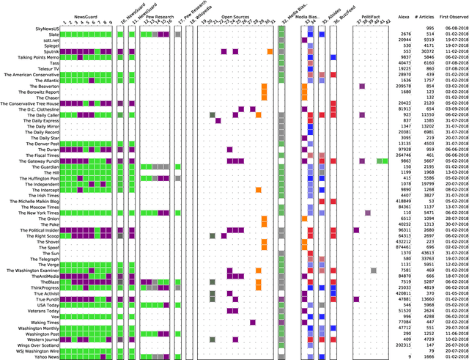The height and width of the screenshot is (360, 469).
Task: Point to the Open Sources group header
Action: coord(235,15)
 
